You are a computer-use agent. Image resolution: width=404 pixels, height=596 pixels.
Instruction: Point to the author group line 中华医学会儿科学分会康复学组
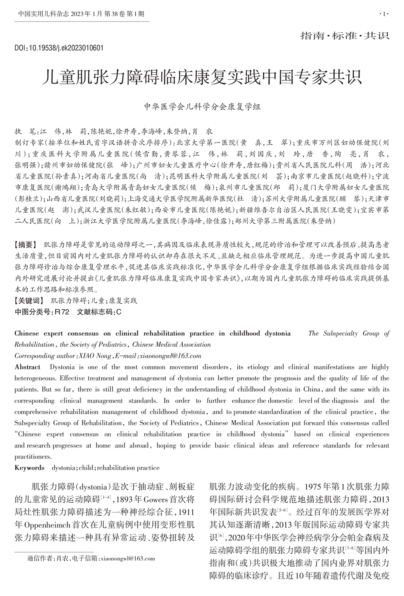tap(202, 107)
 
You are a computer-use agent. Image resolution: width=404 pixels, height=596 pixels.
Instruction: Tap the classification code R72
tap(62, 311)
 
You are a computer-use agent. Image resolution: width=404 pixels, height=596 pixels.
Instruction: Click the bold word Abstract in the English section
tap(27, 367)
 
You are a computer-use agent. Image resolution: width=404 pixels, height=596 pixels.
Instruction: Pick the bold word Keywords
tap(29, 468)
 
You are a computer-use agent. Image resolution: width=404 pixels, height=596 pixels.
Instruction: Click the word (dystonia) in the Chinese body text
tap(94, 485)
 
